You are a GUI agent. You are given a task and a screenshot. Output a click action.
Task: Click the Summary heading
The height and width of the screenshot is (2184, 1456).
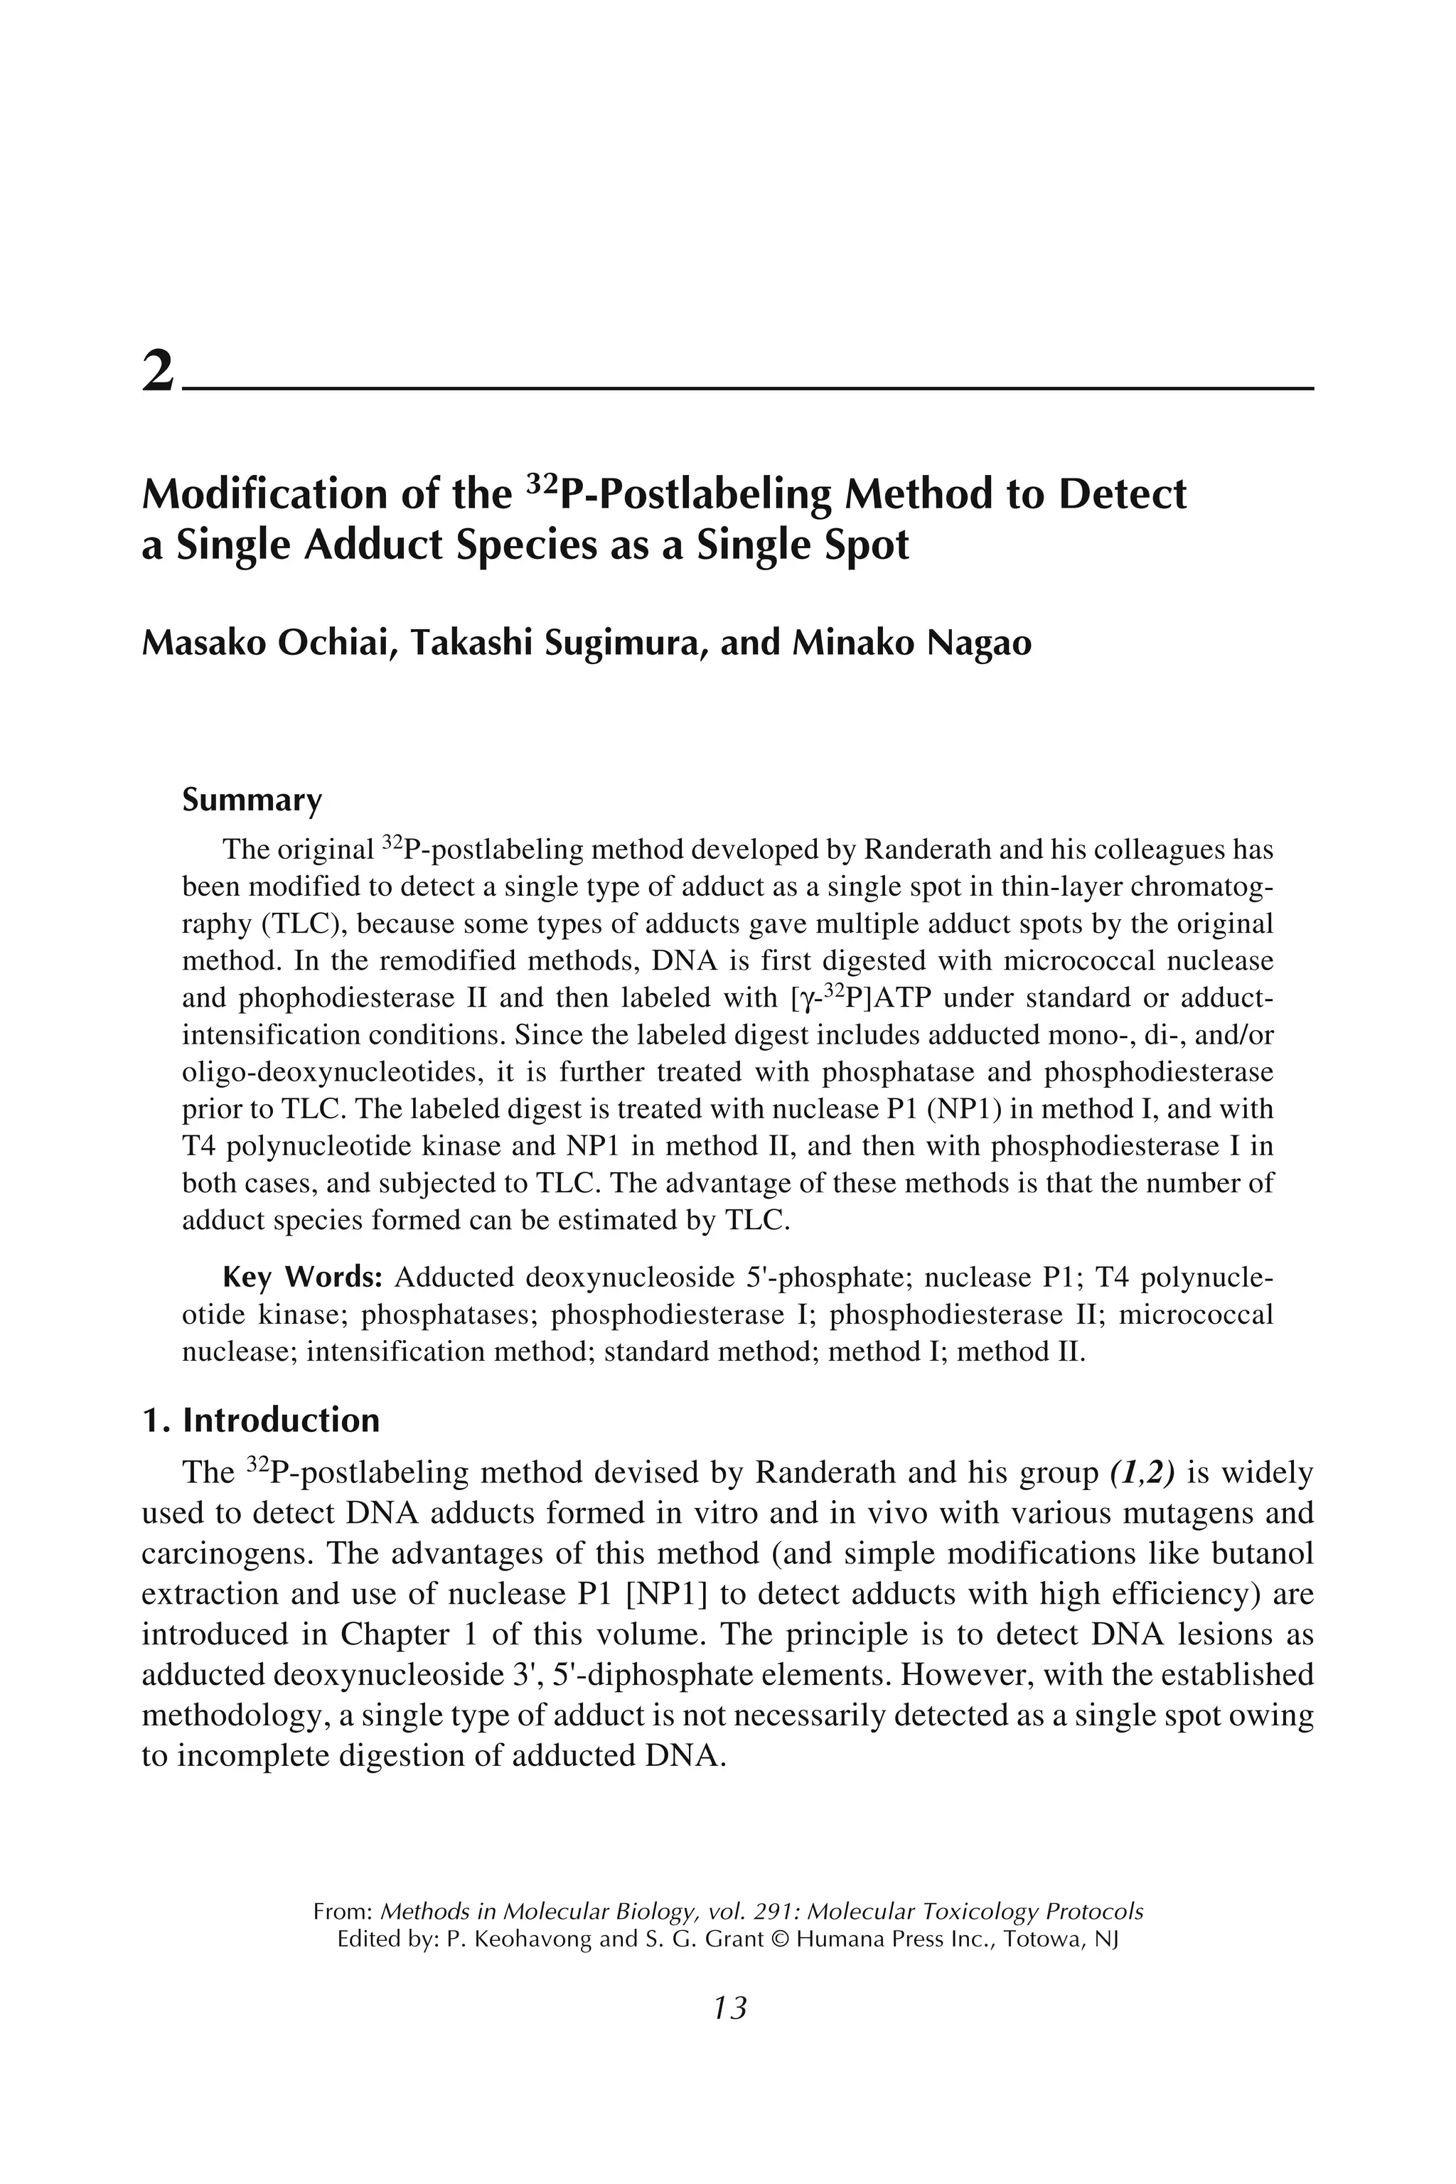pyautogui.click(x=252, y=800)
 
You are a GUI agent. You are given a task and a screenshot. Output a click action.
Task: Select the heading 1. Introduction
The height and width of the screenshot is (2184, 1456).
pyautogui.click(x=261, y=1420)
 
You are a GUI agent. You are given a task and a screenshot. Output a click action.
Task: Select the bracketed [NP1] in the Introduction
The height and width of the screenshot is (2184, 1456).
pyautogui.click(x=668, y=1595)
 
